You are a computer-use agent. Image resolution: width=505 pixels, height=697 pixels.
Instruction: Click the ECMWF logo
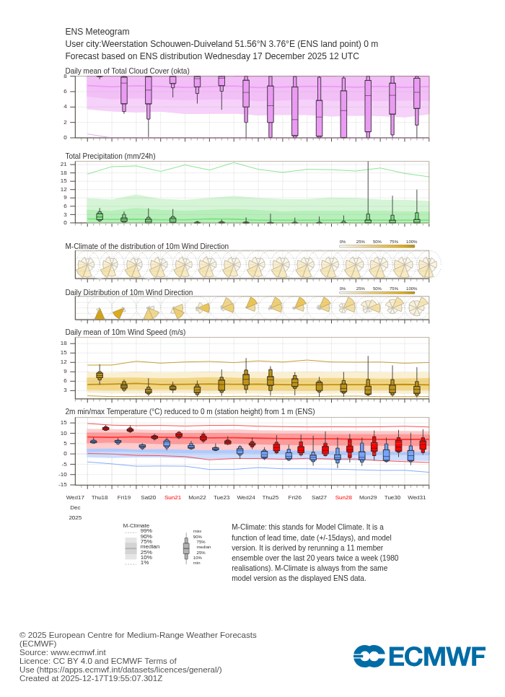419,657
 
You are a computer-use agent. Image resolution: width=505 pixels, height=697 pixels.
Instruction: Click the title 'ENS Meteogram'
97,32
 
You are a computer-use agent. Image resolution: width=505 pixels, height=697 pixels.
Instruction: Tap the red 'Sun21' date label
172,497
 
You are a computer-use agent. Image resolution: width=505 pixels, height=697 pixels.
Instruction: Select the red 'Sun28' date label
343,497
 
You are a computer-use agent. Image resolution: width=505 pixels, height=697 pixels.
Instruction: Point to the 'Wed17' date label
75,497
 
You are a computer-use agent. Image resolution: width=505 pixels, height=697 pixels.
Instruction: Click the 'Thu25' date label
271,497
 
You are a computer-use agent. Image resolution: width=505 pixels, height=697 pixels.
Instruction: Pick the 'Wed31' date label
417,497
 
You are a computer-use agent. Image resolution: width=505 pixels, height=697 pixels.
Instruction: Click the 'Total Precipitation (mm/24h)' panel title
110,156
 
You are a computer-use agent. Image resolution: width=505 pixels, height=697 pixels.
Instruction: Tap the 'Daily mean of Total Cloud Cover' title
127,71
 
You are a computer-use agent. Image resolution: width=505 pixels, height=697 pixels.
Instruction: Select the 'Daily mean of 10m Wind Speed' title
126,332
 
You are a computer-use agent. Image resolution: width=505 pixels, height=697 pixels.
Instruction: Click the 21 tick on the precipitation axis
63,164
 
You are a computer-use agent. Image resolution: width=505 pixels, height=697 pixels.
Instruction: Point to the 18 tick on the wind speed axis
63,343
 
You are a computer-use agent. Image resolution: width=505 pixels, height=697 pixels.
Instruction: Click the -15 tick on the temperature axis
63,484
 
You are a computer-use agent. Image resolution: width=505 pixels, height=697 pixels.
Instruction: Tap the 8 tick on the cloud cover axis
65,76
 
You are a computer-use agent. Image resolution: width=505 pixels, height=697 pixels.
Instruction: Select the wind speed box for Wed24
246,380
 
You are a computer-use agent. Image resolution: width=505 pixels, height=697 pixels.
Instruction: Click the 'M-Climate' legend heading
136,525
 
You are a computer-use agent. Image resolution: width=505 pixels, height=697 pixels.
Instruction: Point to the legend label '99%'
146,530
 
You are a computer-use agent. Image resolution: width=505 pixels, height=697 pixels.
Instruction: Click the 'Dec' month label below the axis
75,507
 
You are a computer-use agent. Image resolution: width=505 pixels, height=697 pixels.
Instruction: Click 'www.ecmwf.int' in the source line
78,652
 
